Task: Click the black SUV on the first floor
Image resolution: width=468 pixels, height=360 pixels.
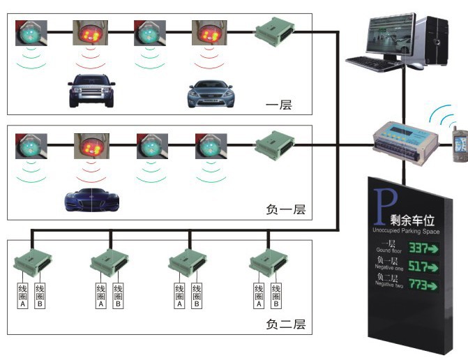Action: pyautogui.click(x=91, y=91)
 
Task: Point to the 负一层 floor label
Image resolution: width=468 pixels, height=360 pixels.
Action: pyautogui.click(x=285, y=209)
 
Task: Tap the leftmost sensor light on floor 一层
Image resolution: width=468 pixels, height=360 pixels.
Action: pyautogui.click(x=31, y=32)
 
